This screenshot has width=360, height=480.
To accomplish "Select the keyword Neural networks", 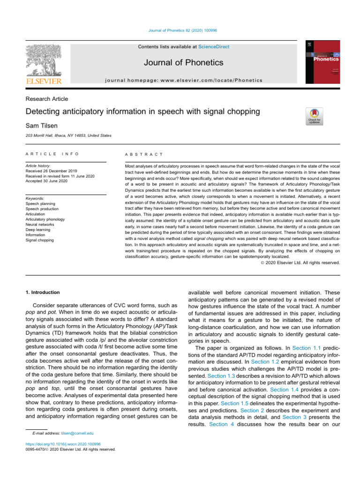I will (40, 225).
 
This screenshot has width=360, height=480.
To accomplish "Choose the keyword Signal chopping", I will (40, 240).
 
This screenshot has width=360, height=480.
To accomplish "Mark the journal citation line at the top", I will (180, 30).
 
